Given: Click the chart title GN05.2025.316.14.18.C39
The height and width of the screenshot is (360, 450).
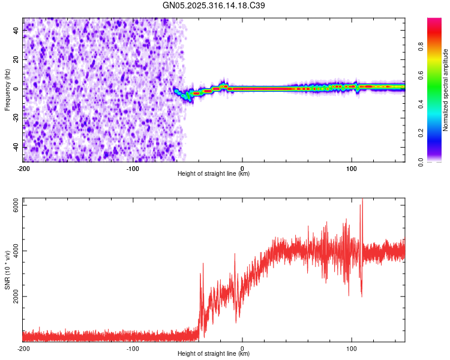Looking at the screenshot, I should pos(214,5).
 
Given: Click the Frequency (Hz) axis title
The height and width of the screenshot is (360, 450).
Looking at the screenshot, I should pos(8,89).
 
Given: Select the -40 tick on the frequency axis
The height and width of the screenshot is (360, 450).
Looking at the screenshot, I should pos(15,146).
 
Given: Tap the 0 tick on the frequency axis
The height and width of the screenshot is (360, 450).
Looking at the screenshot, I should pos(18,88).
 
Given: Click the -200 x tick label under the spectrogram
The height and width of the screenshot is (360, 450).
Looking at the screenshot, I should pos(23,169).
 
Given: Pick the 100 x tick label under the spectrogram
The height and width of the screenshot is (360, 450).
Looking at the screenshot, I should pos(352,169).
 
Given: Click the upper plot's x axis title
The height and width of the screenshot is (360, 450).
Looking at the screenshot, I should pos(214,174).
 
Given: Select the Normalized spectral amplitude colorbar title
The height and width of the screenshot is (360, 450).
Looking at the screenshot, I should pos(446,91).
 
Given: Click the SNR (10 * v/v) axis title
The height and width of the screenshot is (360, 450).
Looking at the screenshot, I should pos(8,269).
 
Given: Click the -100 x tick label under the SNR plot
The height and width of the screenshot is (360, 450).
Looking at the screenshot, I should pos(133,349).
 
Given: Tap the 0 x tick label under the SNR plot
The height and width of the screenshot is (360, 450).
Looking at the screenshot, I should pos(242,349).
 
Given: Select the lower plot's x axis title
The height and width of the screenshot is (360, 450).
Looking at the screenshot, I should pos(214,354).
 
